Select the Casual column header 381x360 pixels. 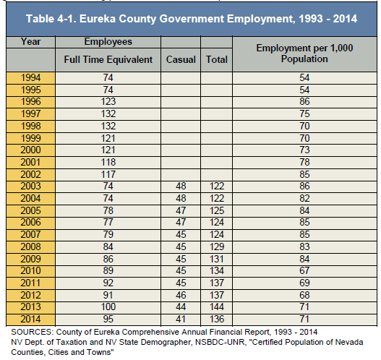(181, 59)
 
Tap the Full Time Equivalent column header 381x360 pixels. (108, 60)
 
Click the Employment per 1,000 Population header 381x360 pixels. (304, 53)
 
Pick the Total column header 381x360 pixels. (217, 59)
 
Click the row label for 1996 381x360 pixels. (30, 101)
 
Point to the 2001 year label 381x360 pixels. (30, 162)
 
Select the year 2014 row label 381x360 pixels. (30, 319)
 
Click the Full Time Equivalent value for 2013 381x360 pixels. (108, 307)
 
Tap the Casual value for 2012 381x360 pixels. (181, 295)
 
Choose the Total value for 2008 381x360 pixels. (217, 247)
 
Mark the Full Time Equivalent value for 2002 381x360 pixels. (108, 174)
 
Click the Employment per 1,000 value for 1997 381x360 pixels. (304, 113)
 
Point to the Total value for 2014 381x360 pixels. (217, 319)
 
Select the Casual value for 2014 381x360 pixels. (181, 319)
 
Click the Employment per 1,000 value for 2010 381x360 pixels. (304, 270)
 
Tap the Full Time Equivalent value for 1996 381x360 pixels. (108, 101)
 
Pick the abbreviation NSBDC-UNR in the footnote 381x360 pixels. (220, 342)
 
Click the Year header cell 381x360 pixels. (30, 41)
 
